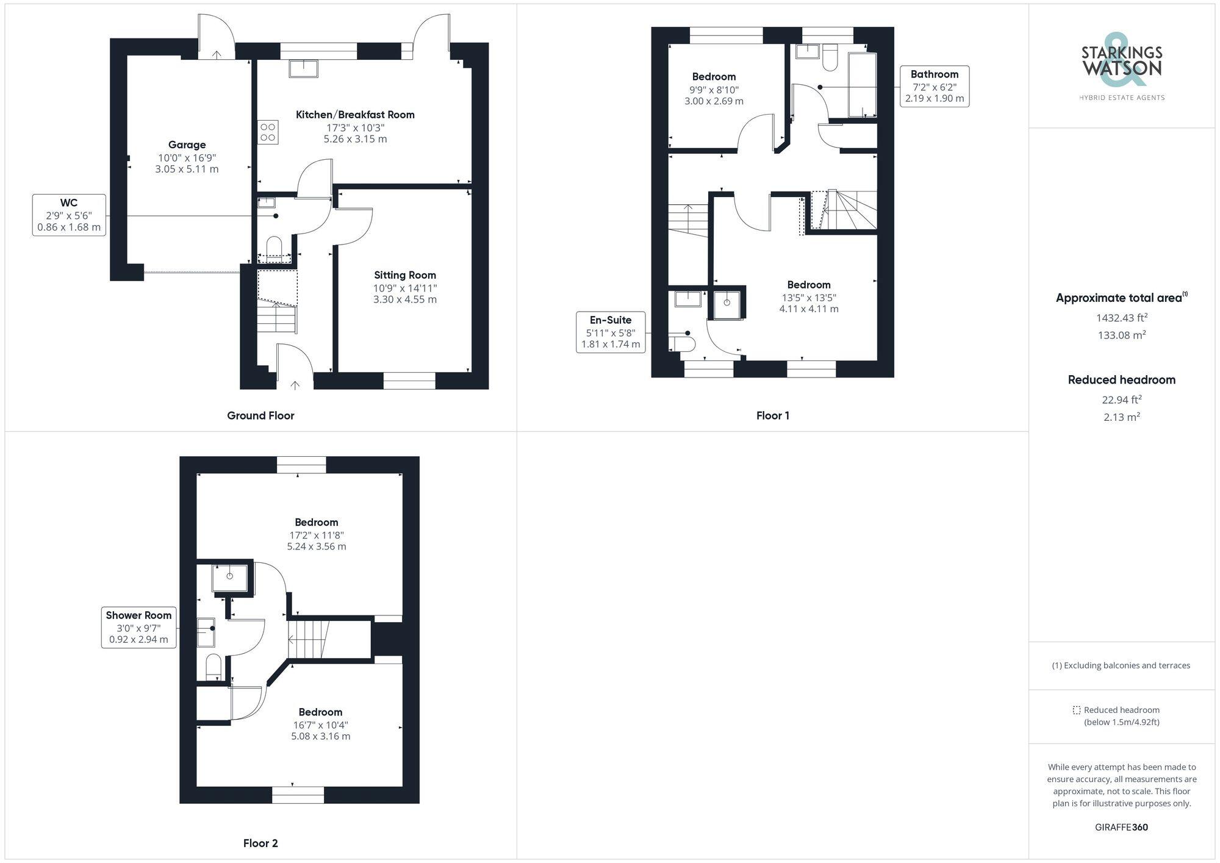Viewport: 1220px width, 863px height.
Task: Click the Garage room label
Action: (x=187, y=145)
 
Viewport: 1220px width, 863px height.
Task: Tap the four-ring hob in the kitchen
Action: (x=268, y=132)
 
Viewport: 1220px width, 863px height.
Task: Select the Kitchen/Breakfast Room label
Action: (x=355, y=115)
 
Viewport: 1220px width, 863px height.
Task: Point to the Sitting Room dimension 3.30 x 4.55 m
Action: (x=405, y=299)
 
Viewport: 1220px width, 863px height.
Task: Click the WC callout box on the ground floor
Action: (x=69, y=215)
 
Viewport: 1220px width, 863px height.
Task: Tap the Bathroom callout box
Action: (x=934, y=86)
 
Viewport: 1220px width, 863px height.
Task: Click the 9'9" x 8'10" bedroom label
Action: (x=714, y=89)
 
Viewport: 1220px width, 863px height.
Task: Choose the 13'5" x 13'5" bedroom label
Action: (x=808, y=297)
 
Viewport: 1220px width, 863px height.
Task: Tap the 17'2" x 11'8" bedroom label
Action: (x=317, y=534)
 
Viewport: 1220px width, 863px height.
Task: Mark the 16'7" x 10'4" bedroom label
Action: (x=320, y=724)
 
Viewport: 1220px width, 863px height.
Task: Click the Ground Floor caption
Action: (x=260, y=416)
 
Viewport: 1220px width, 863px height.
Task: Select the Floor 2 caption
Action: (x=260, y=843)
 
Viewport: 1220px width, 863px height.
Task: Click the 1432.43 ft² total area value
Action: (x=1121, y=318)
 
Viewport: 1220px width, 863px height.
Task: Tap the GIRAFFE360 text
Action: (x=1121, y=828)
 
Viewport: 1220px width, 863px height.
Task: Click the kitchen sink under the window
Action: (x=303, y=68)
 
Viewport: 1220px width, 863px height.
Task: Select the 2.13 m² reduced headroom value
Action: (x=1121, y=417)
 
